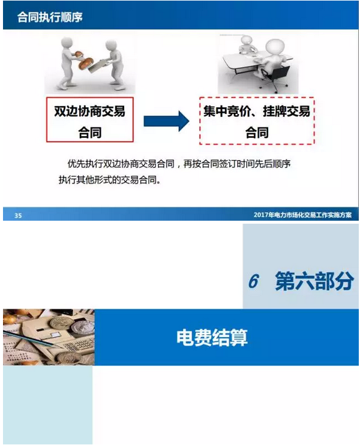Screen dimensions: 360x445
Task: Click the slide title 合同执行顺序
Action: [x=50, y=17]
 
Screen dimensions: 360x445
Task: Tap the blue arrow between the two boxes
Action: [x=166, y=121]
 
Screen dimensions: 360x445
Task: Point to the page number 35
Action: [x=18, y=215]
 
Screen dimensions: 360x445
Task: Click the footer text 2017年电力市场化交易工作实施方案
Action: [x=302, y=215]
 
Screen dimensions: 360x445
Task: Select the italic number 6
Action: [x=254, y=281]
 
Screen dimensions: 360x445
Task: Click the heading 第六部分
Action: [x=314, y=281]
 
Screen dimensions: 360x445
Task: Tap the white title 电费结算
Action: [x=212, y=338]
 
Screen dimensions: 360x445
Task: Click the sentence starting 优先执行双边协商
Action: [x=179, y=164]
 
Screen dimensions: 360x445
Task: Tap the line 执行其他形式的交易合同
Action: [x=110, y=180]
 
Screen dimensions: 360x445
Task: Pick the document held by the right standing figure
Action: [x=96, y=67]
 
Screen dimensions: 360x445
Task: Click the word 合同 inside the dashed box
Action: [x=257, y=133]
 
